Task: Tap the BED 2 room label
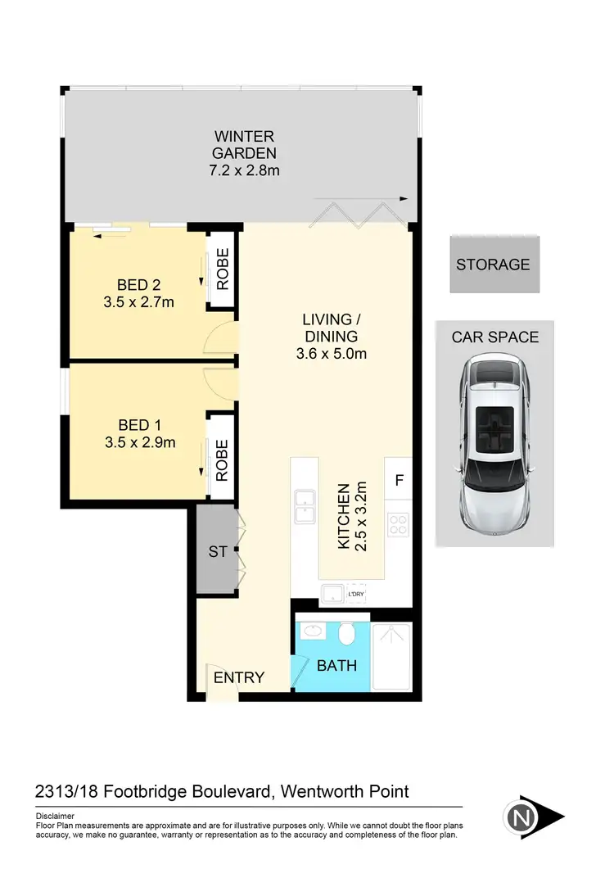click(x=139, y=285)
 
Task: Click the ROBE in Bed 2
click(x=222, y=269)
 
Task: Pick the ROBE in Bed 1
click(x=222, y=460)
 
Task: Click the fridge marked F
click(x=399, y=481)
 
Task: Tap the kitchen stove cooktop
click(x=398, y=524)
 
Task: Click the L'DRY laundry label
click(x=355, y=595)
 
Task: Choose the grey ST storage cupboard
click(x=217, y=552)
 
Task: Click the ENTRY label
click(x=239, y=677)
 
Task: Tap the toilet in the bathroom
click(x=346, y=636)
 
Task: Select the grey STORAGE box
click(x=493, y=265)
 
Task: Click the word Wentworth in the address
click(x=316, y=791)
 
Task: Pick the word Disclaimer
click(x=56, y=817)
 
